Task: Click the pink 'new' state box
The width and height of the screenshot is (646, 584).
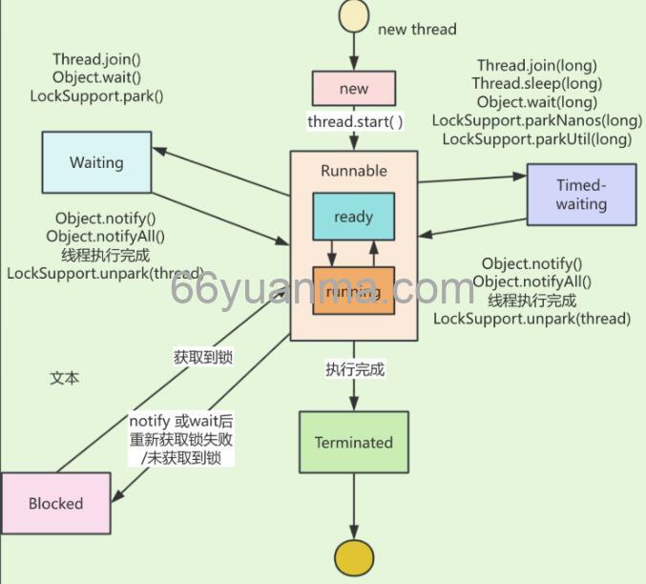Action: click(x=353, y=89)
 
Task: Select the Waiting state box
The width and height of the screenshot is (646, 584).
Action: click(x=96, y=162)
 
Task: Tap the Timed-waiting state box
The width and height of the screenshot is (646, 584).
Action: click(x=581, y=195)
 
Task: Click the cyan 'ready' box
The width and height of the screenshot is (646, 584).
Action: click(x=353, y=217)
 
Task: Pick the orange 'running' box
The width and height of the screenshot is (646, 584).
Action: click(x=353, y=291)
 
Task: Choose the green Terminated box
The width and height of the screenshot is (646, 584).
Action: click(x=353, y=443)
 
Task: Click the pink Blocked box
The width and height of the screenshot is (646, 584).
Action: click(x=55, y=503)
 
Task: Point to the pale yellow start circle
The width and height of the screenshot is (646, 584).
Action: click(x=353, y=15)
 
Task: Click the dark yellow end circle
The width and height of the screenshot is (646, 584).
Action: click(x=354, y=559)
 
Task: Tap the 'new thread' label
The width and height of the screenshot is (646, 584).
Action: click(x=417, y=30)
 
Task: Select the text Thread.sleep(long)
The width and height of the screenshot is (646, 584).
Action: click(x=535, y=84)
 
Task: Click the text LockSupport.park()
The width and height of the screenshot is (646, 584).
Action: click(x=96, y=96)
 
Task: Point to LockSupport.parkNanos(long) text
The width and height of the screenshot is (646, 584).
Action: click(x=536, y=120)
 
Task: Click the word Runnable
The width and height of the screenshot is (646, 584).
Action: click(x=353, y=171)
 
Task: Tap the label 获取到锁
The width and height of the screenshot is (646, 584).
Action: click(x=203, y=358)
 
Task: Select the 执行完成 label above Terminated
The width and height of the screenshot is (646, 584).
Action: click(x=354, y=368)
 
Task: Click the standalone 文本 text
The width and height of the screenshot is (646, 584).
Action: click(x=65, y=378)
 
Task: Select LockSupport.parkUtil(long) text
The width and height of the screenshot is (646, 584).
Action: click(x=536, y=138)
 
